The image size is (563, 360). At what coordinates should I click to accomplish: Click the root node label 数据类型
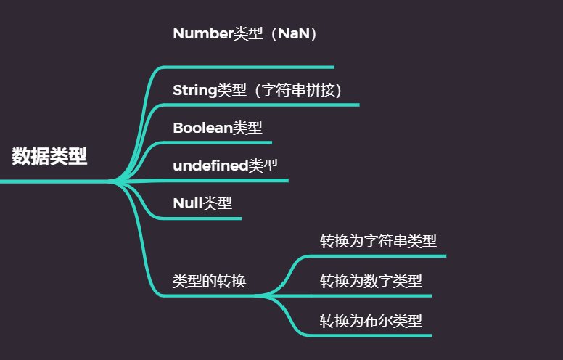pos(49,156)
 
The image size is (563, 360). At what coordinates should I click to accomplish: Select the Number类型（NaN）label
pos(245,33)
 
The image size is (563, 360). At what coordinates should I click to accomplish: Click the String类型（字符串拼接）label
pos(257,90)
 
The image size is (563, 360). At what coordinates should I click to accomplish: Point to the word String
pos(195,90)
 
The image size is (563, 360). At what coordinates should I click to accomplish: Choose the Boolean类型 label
pos(218,128)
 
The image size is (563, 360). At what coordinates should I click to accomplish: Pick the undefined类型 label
pos(225,165)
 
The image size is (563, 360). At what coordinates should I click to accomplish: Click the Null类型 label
pos(202,203)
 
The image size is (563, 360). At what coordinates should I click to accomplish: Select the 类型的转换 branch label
pos(209,282)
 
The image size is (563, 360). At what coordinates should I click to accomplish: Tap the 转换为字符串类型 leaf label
pos(378,241)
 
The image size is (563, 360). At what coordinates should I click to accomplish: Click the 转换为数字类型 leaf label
pos(371,280)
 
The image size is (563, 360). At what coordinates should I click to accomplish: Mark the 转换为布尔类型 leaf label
pos(371,319)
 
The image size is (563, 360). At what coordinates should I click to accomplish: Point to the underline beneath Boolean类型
pos(225,142)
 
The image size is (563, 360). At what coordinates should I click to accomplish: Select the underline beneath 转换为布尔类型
pos(377,335)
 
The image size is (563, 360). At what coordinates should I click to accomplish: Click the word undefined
pos(210,165)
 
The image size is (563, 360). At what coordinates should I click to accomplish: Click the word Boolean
pos(202,128)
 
